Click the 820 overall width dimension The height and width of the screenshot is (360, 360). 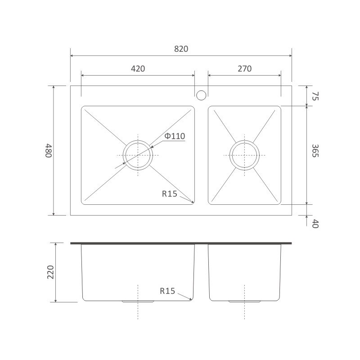click(x=181, y=49)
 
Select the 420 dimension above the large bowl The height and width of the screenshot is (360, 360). click(x=138, y=69)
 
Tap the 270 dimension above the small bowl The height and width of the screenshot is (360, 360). click(x=244, y=69)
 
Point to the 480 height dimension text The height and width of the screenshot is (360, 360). click(x=49, y=151)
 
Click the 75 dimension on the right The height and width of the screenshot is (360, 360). click(x=315, y=96)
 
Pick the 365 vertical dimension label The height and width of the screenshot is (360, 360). click(x=315, y=151)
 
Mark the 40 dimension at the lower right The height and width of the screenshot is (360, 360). click(x=315, y=223)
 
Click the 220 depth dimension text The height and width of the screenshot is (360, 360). click(x=50, y=272)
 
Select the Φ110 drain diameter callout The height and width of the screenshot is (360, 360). click(x=175, y=136)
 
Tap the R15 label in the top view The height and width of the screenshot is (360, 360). click(x=170, y=194)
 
